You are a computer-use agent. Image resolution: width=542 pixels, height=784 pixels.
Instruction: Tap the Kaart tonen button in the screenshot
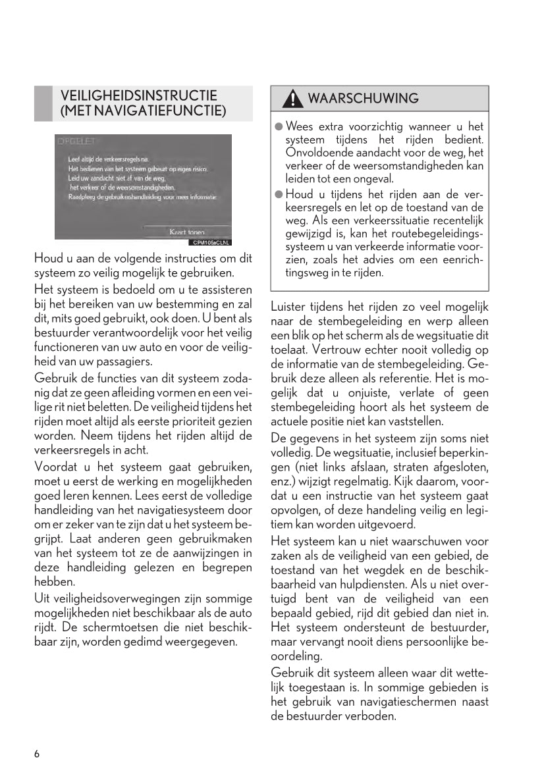(x=187, y=232)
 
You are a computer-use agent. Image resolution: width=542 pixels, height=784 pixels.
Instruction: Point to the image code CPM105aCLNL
(x=211, y=243)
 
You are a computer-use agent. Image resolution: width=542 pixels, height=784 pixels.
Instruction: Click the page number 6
(x=37, y=754)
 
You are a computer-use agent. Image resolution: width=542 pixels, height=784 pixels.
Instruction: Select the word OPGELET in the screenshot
(x=77, y=142)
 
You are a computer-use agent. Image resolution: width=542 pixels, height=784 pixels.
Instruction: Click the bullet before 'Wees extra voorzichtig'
(x=279, y=126)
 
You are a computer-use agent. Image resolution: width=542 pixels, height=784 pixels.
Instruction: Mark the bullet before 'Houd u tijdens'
(x=279, y=194)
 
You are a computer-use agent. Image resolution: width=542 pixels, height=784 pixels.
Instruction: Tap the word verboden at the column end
(x=372, y=716)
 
